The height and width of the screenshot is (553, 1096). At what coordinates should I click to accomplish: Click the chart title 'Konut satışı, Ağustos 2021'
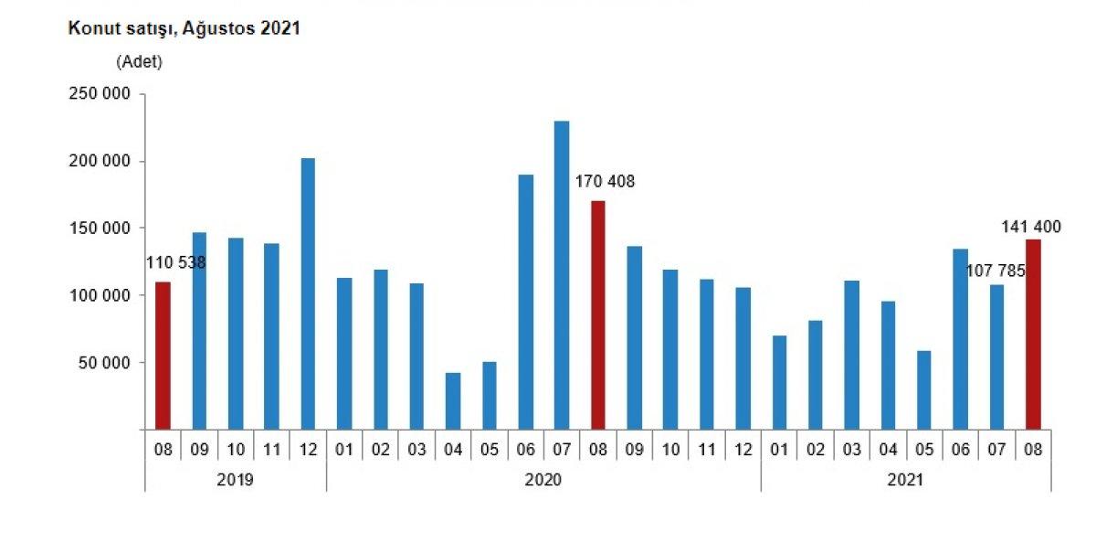184,28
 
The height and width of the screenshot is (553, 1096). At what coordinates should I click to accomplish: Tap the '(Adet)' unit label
139,62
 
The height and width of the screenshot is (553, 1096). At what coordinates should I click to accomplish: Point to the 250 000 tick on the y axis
100,94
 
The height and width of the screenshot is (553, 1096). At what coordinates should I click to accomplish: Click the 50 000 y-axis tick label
104,363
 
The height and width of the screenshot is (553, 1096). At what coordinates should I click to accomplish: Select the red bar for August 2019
163,356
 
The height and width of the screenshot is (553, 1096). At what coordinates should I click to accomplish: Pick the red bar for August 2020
597,315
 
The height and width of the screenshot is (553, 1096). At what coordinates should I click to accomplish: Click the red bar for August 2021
1033,335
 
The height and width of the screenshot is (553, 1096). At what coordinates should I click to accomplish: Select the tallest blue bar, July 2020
562,274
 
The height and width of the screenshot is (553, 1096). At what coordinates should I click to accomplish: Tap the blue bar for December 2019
308,293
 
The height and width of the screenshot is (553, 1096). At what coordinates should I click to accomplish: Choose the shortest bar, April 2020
453,401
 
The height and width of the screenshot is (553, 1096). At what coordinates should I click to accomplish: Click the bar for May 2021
924,390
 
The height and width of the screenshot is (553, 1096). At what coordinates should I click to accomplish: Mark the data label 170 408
604,182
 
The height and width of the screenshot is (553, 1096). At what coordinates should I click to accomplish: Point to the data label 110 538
176,263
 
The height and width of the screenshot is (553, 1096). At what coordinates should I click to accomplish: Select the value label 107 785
996,271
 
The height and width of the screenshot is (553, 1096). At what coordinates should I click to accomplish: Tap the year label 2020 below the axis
543,480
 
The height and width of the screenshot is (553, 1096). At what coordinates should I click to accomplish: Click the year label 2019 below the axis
236,480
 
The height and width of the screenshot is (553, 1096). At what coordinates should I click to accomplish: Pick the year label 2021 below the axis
905,480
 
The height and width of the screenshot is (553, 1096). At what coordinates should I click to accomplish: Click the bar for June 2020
525,302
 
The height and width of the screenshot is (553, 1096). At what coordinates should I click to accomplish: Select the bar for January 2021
779,383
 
